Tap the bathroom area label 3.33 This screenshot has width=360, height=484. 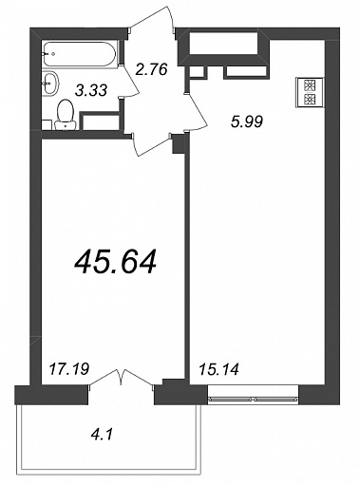click(91, 90)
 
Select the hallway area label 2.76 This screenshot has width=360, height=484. click(151, 69)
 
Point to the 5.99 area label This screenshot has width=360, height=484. click(247, 121)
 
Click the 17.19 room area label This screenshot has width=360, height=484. click(69, 369)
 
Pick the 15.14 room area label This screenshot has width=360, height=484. click(218, 369)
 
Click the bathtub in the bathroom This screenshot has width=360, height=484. click(81, 54)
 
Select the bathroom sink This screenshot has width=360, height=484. click(50, 84)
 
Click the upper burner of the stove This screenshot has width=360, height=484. click(310, 85)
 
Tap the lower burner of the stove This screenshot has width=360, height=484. click(310, 100)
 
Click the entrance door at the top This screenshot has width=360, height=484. click(152, 20)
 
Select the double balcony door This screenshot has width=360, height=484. click(122, 379)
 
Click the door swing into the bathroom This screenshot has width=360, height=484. click(129, 81)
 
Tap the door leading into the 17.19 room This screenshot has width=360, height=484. click(151, 144)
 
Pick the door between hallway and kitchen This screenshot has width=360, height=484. click(195, 111)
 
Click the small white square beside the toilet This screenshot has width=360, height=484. click(47, 124)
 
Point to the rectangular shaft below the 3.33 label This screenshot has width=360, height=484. click(100, 121)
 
